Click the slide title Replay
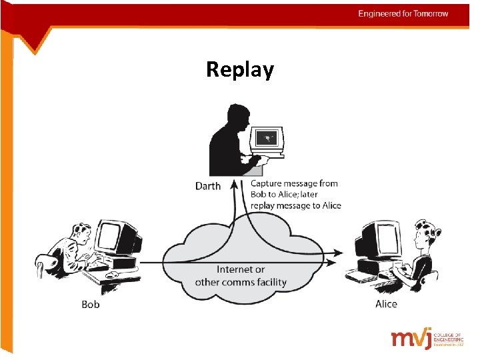(239, 69)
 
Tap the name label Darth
(207, 186)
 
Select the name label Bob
(91, 304)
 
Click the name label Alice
(386, 304)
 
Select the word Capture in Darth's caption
(267, 183)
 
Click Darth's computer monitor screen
(268, 139)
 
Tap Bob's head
(81, 234)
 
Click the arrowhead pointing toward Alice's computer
(339, 253)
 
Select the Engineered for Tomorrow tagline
(403, 13)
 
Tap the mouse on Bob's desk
(113, 274)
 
